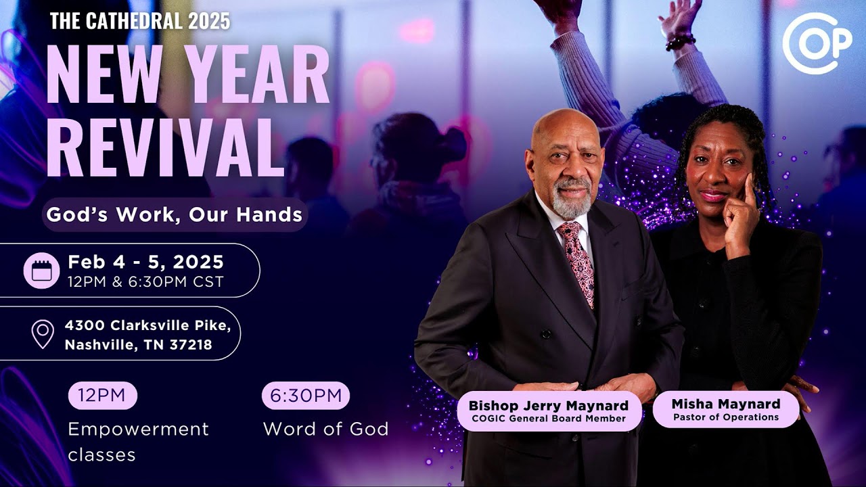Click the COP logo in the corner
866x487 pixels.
817,43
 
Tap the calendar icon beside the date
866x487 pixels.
42,271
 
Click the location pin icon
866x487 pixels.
43,334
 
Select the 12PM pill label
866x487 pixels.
102,396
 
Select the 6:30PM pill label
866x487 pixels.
306,396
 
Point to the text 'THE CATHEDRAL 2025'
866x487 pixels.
140,21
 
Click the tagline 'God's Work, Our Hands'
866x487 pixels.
174,215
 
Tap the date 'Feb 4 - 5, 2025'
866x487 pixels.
145,262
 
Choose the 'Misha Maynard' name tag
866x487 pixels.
725,409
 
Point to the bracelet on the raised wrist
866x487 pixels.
680,43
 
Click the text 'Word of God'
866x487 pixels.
325,429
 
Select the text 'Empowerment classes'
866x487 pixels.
139,442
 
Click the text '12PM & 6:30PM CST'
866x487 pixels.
145,282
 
